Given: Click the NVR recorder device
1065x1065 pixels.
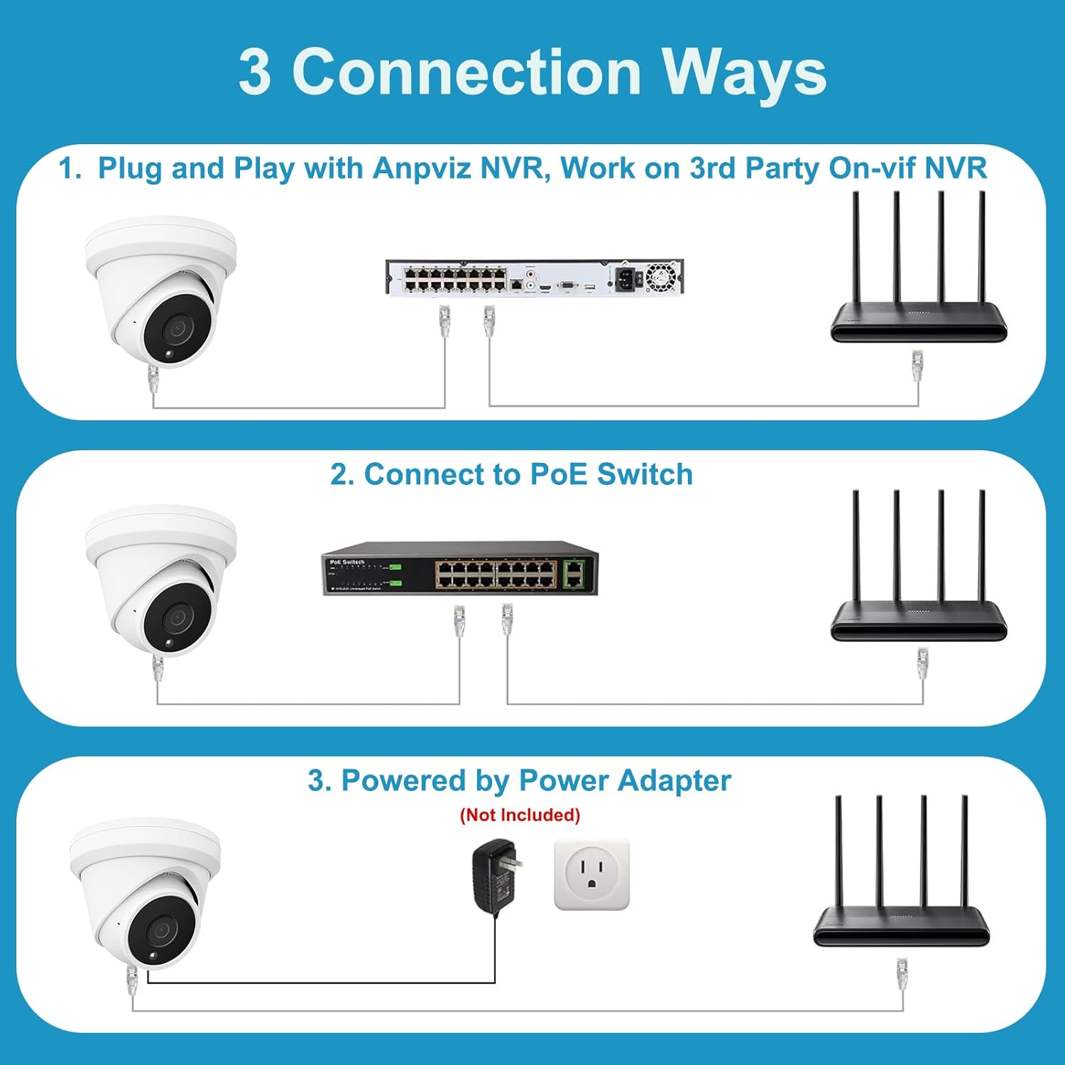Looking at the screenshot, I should (x=534, y=277).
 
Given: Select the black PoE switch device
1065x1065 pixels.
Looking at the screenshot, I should (x=460, y=572).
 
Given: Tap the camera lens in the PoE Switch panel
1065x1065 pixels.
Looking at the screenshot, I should (x=175, y=618).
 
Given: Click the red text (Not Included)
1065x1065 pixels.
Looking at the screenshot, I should (x=520, y=814).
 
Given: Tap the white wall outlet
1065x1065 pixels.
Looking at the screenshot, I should (x=591, y=875).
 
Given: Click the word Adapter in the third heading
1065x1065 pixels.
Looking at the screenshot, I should (x=674, y=781).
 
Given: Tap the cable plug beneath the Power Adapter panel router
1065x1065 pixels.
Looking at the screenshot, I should (x=902, y=974).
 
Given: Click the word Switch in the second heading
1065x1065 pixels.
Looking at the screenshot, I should (x=645, y=474).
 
